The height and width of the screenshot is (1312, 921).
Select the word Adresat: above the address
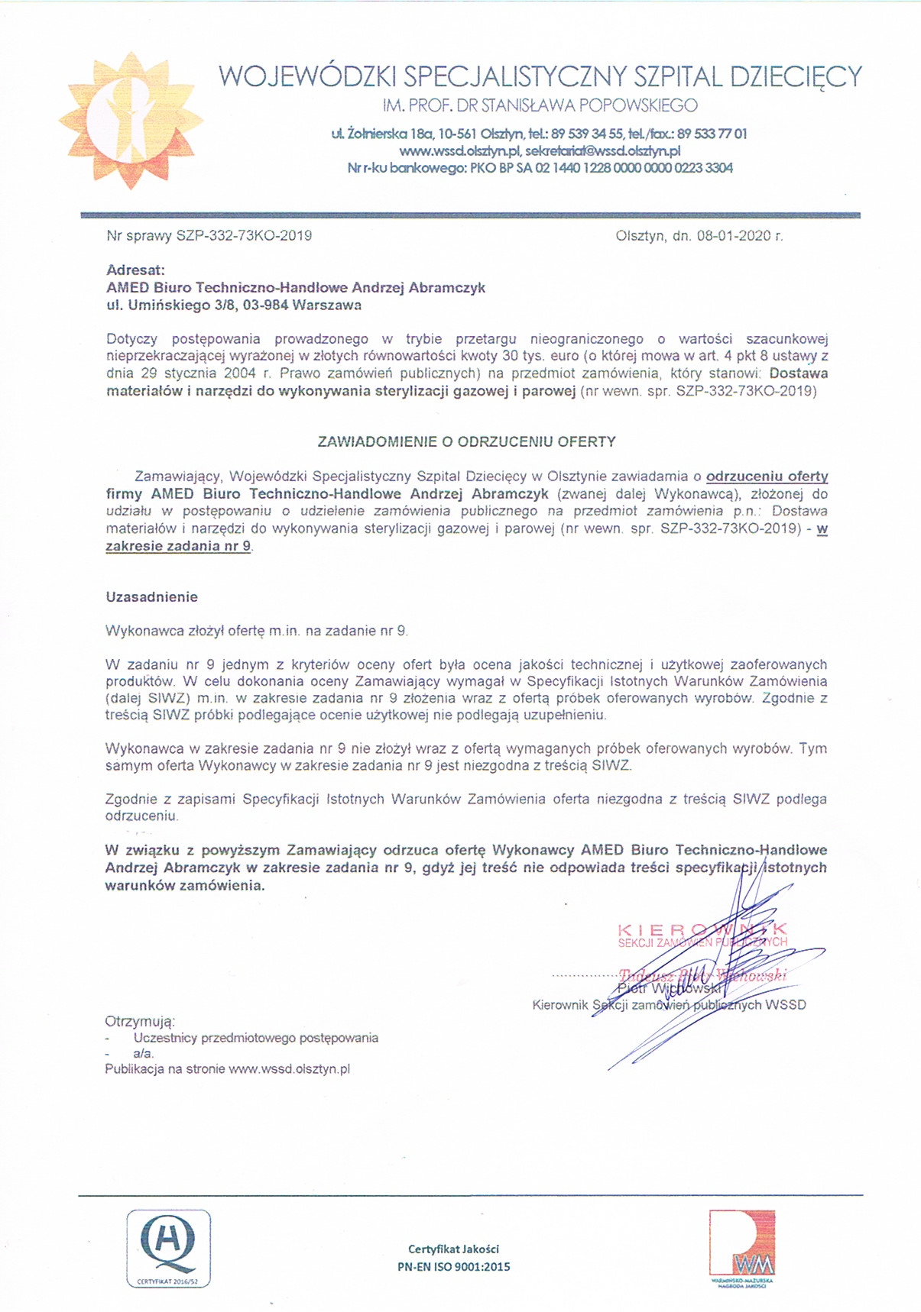click(x=135, y=270)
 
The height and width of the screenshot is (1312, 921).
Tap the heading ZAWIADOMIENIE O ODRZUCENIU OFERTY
click(x=466, y=441)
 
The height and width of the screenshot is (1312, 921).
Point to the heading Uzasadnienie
click(x=151, y=597)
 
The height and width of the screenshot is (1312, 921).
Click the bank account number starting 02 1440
click(x=634, y=168)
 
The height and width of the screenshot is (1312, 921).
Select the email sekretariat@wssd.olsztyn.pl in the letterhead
click(x=603, y=150)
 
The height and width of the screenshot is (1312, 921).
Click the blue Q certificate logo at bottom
click(x=168, y=1248)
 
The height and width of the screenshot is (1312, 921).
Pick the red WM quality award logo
click(x=741, y=1245)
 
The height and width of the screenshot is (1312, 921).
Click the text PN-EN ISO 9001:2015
click(x=453, y=1266)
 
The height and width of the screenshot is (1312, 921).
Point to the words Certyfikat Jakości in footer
click(x=453, y=1249)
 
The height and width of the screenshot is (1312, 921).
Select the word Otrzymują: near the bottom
click(x=140, y=1021)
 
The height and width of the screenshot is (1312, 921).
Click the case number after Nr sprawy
click(x=244, y=236)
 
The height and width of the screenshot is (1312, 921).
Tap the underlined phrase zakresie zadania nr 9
click(x=179, y=547)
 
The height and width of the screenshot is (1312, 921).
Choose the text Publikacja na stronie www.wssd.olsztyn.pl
click(x=227, y=1069)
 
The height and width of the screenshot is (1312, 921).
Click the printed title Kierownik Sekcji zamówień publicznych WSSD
click(x=669, y=1005)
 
